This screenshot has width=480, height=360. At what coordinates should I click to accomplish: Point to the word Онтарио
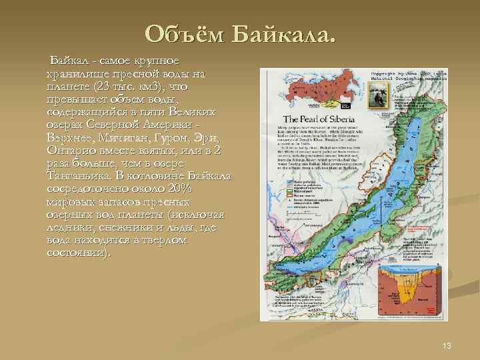70,151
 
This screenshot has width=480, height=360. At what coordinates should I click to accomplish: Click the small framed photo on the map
381,98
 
